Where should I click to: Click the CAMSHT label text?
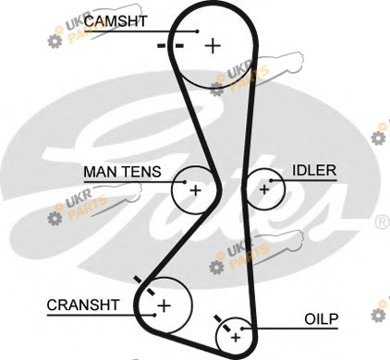tap(116, 21)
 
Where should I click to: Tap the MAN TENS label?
tap(122, 172)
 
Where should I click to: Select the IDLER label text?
tap(314, 170)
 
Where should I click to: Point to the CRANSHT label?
tap(83, 305)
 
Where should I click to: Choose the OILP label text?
tap(322, 319)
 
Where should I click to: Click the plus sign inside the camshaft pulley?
tap(213, 46)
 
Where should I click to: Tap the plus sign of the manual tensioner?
tap(196, 190)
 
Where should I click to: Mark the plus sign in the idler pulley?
tap(264, 189)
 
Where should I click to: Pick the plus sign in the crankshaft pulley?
tap(164, 306)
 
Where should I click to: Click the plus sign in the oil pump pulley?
tap(236, 338)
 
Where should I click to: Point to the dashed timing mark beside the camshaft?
tap(170, 46)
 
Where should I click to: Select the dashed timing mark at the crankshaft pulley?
tap(144, 286)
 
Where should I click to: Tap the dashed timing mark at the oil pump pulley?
tap(223, 323)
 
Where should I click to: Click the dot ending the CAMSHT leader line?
tap(198, 31)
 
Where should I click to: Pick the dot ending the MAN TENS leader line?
tap(185, 182)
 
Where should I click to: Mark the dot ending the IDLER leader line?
tap(272, 181)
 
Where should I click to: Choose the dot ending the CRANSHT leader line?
tap(154, 315)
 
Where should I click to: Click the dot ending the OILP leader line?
tap(242, 329)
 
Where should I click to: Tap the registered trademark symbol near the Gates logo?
tap(383, 222)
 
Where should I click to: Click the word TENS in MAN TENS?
tap(143, 172)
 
